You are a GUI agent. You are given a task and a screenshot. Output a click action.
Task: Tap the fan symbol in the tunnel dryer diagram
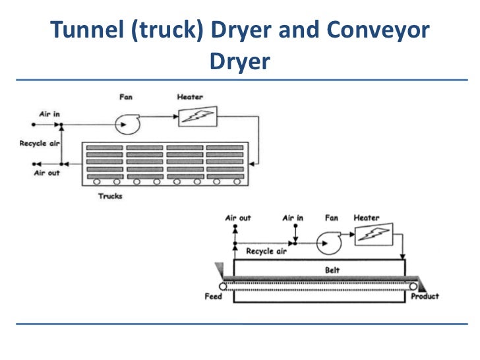point(125,122)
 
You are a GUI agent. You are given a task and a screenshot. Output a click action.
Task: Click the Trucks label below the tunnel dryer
point(110,196)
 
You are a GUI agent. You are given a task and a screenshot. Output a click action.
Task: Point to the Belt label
point(332,270)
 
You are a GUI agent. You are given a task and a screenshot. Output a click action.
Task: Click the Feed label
point(212,297)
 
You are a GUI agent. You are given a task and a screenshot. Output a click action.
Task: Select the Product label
point(425,297)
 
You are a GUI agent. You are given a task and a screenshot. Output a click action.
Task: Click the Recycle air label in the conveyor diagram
point(265,251)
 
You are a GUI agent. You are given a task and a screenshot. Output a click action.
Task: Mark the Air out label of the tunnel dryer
point(46,173)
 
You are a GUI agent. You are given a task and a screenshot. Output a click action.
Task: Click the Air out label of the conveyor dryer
point(237,218)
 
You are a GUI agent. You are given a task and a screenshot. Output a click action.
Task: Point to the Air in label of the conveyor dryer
point(293,218)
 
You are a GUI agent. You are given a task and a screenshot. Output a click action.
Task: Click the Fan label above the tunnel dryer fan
point(125,97)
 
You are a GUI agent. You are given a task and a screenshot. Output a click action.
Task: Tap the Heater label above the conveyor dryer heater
point(367,218)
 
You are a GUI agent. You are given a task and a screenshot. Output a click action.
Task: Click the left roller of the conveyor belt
point(224,286)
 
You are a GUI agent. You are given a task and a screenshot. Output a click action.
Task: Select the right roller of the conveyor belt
point(413,285)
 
